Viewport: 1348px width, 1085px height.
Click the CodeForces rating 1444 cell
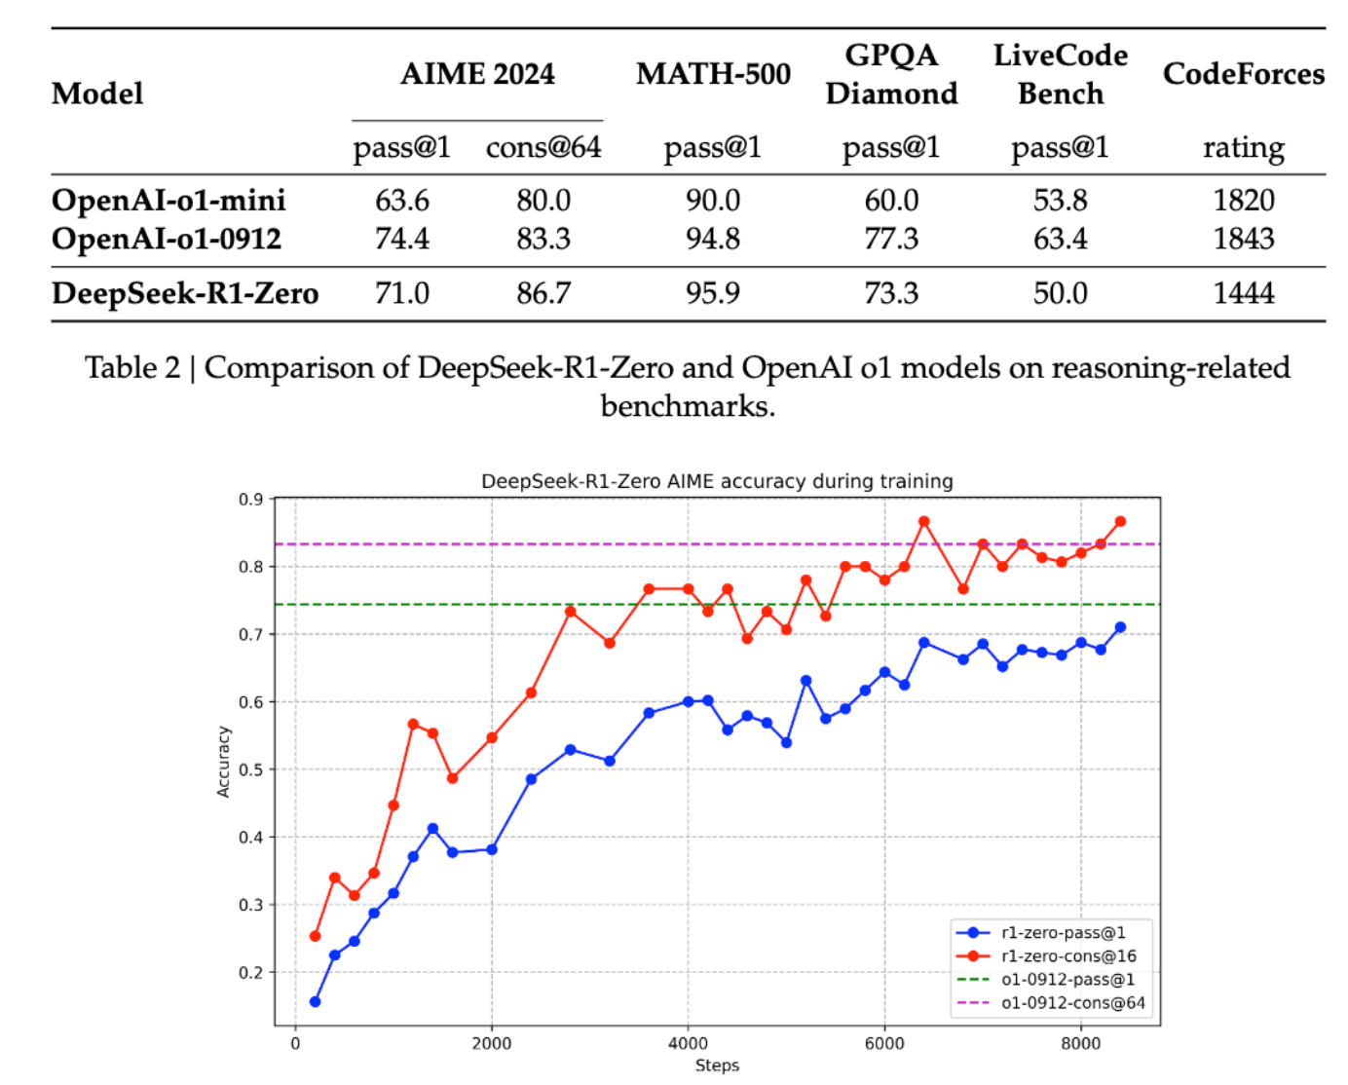1243,293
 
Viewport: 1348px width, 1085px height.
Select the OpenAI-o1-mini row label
168,201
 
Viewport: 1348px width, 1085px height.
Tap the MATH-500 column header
713,74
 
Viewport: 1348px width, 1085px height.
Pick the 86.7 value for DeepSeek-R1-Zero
543,293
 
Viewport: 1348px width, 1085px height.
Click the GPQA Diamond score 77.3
891,239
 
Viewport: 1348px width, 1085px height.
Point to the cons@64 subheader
543,147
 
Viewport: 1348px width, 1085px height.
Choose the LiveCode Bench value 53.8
1060,201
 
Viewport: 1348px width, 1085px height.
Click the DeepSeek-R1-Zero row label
185,293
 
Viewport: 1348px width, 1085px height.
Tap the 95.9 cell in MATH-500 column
713,293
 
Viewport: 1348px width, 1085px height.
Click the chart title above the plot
717,481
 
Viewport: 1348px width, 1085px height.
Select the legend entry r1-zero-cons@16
1068,956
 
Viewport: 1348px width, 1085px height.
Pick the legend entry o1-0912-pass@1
1067,980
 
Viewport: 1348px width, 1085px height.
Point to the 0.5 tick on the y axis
251,769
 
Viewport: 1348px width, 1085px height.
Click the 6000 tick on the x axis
884,1044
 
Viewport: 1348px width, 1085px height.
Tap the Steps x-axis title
717,1066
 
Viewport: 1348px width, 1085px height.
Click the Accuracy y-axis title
223,762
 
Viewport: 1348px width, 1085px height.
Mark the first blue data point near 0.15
315,1001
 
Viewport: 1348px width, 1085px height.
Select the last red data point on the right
1120,522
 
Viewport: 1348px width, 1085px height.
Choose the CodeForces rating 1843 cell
1243,239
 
